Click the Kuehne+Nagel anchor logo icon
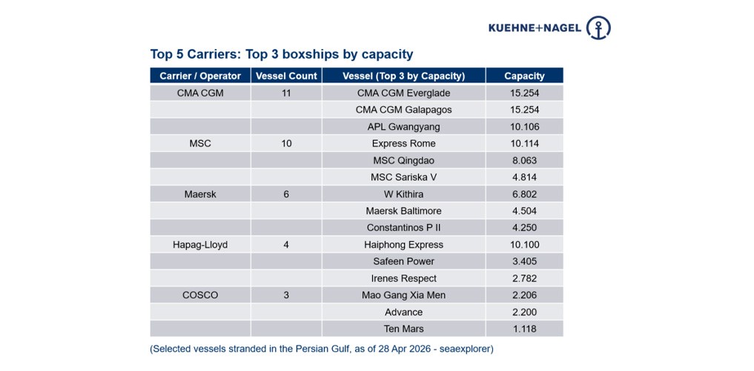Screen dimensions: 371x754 pos(598,27)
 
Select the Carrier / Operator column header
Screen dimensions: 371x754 pos(200,76)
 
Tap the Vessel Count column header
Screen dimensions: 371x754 pos(286,76)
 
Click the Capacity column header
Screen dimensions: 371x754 pos(524,76)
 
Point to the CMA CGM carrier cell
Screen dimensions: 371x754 pos(200,93)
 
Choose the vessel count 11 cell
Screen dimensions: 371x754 pos(286,93)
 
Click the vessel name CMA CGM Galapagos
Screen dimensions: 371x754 pos(403,110)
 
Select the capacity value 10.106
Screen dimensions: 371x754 pos(524,127)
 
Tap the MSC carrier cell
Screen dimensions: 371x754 pos(200,143)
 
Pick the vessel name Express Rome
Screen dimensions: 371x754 pos(403,143)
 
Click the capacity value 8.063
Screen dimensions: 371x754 pos(524,160)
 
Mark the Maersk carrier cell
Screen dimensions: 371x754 pos(200,194)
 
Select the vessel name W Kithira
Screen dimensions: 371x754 pos(403,194)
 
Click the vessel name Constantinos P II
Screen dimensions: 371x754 pos(403,228)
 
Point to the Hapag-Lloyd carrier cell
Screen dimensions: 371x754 pos(200,244)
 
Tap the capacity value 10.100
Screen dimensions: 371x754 pos(524,244)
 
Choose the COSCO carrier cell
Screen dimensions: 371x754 pos(200,295)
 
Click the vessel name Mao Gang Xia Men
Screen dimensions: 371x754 pos(403,295)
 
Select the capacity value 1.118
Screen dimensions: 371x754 pos(524,329)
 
